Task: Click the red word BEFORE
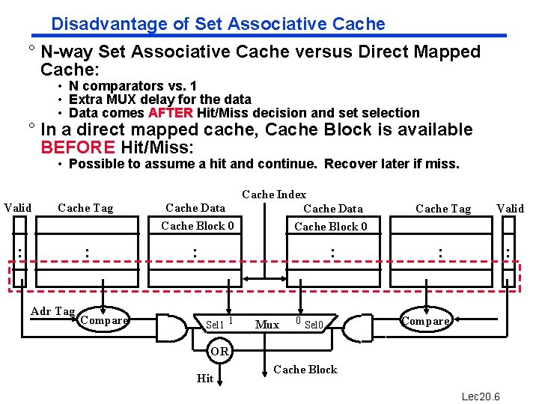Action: point(78,147)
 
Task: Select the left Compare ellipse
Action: point(103,320)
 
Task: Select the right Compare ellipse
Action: point(426,321)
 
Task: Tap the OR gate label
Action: point(219,351)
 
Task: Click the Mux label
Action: point(267,325)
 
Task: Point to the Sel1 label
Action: point(215,325)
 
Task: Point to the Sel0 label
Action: point(314,325)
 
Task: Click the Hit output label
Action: point(205,379)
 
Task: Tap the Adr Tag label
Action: point(52,311)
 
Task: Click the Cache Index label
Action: point(274,195)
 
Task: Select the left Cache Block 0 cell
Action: point(198,226)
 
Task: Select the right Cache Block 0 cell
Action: point(331,227)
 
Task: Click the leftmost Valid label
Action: point(18,207)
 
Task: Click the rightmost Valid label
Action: point(510,208)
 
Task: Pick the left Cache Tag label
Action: point(85,208)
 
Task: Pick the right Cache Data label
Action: point(333,209)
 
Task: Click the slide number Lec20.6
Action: point(481,396)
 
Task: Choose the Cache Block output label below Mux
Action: point(305,370)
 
